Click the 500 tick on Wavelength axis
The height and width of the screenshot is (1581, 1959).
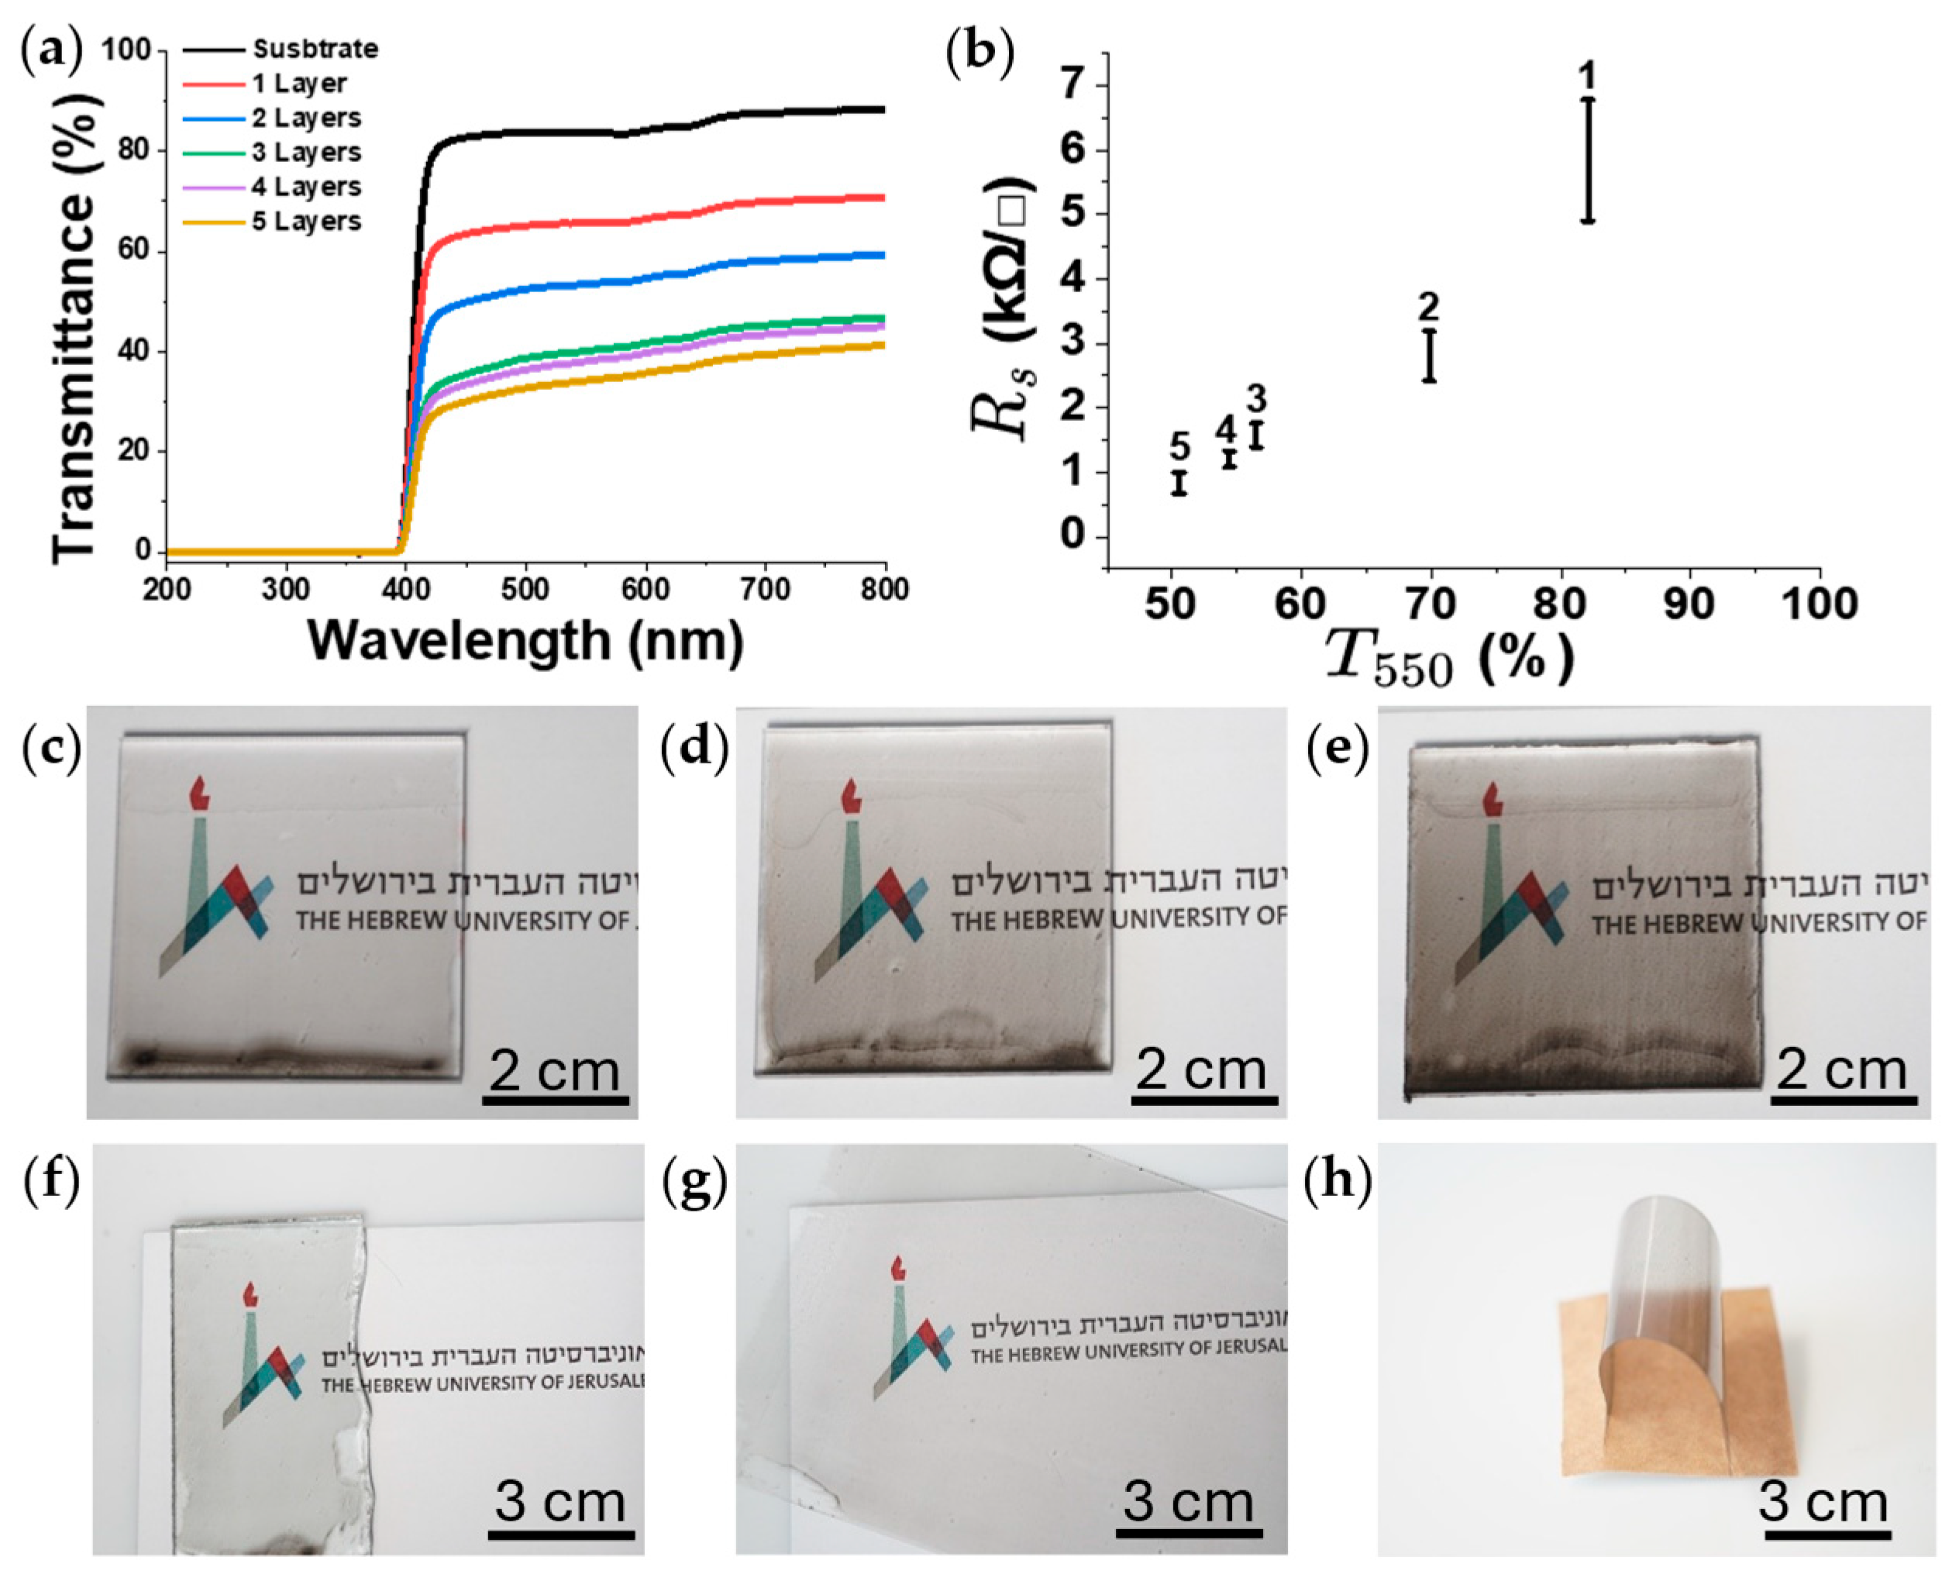click(x=525, y=590)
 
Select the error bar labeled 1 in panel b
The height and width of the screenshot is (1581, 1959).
click(x=1587, y=160)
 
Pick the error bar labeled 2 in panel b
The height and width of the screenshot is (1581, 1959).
click(x=1429, y=355)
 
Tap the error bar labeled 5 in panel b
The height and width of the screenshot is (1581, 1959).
click(x=1179, y=483)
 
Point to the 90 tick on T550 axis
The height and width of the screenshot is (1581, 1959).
click(x=1689, y=604)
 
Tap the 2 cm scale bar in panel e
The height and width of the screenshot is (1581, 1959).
click(x=1840, y=1101)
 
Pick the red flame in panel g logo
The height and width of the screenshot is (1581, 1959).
click(x=898, y=1269)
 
